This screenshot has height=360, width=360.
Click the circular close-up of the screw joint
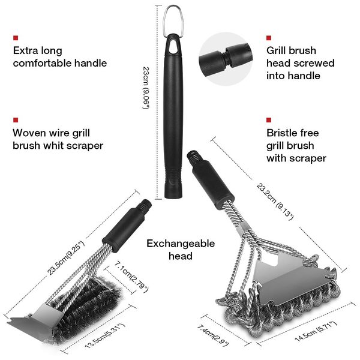pos(227,56)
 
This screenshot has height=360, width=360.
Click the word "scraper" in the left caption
pos(83,145)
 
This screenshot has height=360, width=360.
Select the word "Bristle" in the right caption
pos(284,132)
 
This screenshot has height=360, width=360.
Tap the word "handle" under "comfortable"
pos(90,63)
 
